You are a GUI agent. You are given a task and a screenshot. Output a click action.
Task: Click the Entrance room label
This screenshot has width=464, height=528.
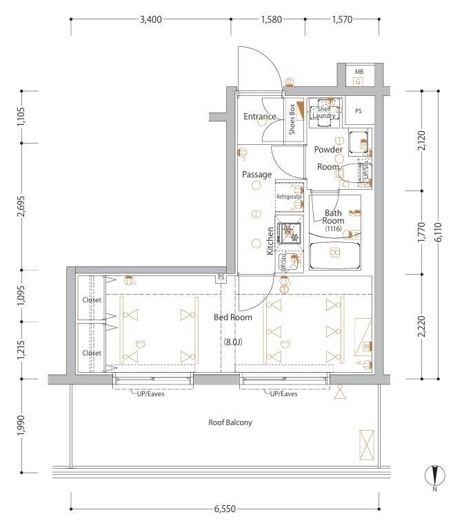(x=260, y=117)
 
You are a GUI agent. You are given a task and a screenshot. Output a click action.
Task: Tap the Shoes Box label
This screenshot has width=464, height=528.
(x=292, y=119)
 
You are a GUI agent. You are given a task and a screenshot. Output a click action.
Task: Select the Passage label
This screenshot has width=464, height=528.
(x=256, y=175)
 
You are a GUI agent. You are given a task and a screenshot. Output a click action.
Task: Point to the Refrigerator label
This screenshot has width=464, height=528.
(x=290, y=197)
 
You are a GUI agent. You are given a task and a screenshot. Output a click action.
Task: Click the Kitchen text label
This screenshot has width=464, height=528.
(x=270, y=241)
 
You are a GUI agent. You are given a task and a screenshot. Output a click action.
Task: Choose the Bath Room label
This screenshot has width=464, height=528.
(x=334, y=217)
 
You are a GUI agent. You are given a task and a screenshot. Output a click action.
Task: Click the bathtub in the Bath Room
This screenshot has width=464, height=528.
(x=334, y=253)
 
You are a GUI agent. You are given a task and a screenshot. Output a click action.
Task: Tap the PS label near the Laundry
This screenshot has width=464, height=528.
(x=359, y=111)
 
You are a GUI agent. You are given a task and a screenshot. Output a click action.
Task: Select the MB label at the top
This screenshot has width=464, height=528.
(x=359, y=72)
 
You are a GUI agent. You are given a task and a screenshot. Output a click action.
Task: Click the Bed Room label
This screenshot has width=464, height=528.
(x=232, y=317)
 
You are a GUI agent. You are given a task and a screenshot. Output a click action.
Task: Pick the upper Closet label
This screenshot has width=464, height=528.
(x=92, y=300)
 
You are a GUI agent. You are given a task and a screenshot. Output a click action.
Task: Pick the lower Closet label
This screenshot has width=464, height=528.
(x=92, y=353)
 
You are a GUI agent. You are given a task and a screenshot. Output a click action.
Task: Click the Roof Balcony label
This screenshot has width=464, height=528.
(x=230, y=422)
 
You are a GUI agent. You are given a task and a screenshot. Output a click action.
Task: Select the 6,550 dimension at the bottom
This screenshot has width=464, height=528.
(x=225, y=509)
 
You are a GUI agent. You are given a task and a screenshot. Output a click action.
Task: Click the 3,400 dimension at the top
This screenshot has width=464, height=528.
(x=150, y=19)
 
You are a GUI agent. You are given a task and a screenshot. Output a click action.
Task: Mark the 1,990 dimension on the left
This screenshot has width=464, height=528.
(x=22, y=425)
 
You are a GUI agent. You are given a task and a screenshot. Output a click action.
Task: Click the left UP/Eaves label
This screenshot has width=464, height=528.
(x=148, y=394)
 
